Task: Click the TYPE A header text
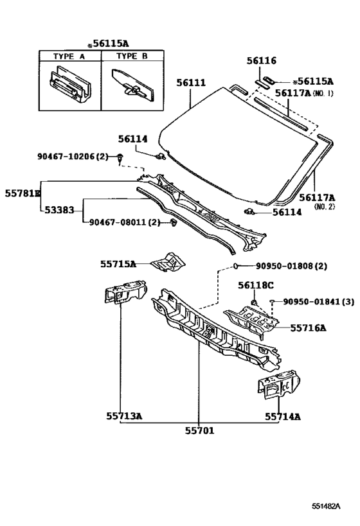tap(69, 56)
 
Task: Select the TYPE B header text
tap(132, 56)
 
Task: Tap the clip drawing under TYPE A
tap(69, 85)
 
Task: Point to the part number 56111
tap(191, 82)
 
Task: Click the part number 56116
tap(262, 61)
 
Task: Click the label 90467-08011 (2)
tap(125, 222)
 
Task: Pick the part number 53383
tap(59, 210)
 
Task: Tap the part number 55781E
tap(22, 193)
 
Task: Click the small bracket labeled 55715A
tap(168, 261)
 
